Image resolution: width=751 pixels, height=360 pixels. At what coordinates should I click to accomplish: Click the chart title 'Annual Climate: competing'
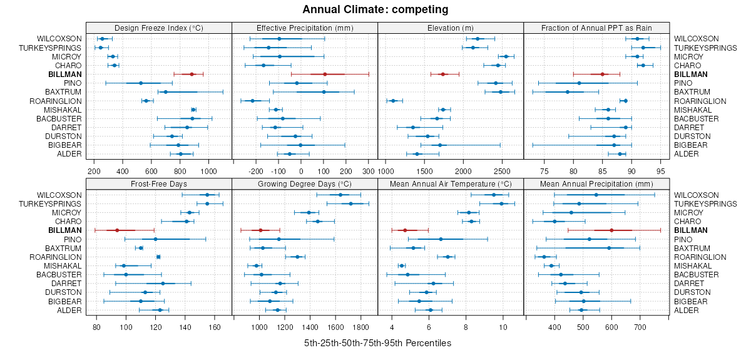[x=375, y=9]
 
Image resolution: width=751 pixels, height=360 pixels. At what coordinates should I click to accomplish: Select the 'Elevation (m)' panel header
[x=450, y=28]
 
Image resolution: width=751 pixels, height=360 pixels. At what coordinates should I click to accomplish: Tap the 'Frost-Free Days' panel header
[x=158, y=184]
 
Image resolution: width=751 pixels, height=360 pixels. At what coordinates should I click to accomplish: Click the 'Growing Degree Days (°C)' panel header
[x=304, y=184]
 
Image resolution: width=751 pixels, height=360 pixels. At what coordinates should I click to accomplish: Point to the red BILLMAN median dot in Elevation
[x=443, y=75]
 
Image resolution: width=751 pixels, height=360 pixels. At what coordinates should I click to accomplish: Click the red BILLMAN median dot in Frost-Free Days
[x=117, y=230]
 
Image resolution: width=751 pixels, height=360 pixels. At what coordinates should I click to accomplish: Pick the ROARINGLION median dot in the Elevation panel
[x=393, y=101]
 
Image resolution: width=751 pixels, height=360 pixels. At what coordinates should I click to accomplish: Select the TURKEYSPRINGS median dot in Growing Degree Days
[x=350, y=204]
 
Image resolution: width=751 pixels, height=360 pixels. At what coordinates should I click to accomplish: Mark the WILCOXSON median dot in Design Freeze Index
[x=103, y=39]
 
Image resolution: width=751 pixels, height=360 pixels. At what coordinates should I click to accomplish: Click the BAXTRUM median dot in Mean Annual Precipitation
[x=609, y=248]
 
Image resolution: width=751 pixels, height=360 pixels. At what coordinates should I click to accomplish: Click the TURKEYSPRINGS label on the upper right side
[x=700, y=48]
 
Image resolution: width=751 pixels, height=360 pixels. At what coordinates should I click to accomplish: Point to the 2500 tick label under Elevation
[x=501, y=170]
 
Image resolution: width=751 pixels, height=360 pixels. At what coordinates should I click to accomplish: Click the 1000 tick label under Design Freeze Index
[x=207, y=170]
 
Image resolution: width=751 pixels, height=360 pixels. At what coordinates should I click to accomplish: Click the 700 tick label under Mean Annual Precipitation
[x=640, y=327]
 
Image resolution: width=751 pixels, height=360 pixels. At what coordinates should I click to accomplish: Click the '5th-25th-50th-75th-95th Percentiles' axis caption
[x=377, y=344]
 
